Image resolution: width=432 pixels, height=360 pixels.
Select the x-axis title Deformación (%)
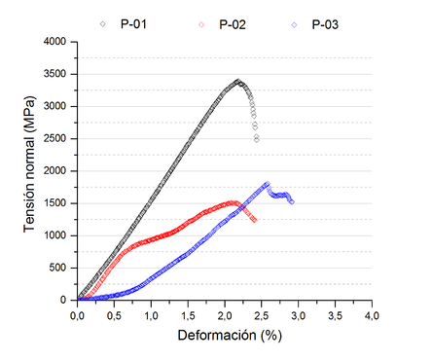tap(224, 336)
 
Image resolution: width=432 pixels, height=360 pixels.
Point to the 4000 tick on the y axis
tap(54, 42)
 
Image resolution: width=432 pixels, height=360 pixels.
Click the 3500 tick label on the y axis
tap(54, 74)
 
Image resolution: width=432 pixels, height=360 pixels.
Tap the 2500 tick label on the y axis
tap(54, 138)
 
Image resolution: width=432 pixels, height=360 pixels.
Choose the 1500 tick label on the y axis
tap(54, 203)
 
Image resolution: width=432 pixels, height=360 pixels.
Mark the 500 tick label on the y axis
tap(56, 268)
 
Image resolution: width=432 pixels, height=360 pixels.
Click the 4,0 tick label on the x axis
tap(372, 314)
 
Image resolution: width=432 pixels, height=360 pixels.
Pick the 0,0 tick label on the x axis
tap(78, 314)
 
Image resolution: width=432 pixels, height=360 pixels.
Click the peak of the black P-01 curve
tap(238, 82)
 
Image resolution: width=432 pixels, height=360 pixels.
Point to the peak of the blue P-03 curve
tap(267, 183)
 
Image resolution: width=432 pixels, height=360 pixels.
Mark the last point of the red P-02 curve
tap(255, 220)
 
